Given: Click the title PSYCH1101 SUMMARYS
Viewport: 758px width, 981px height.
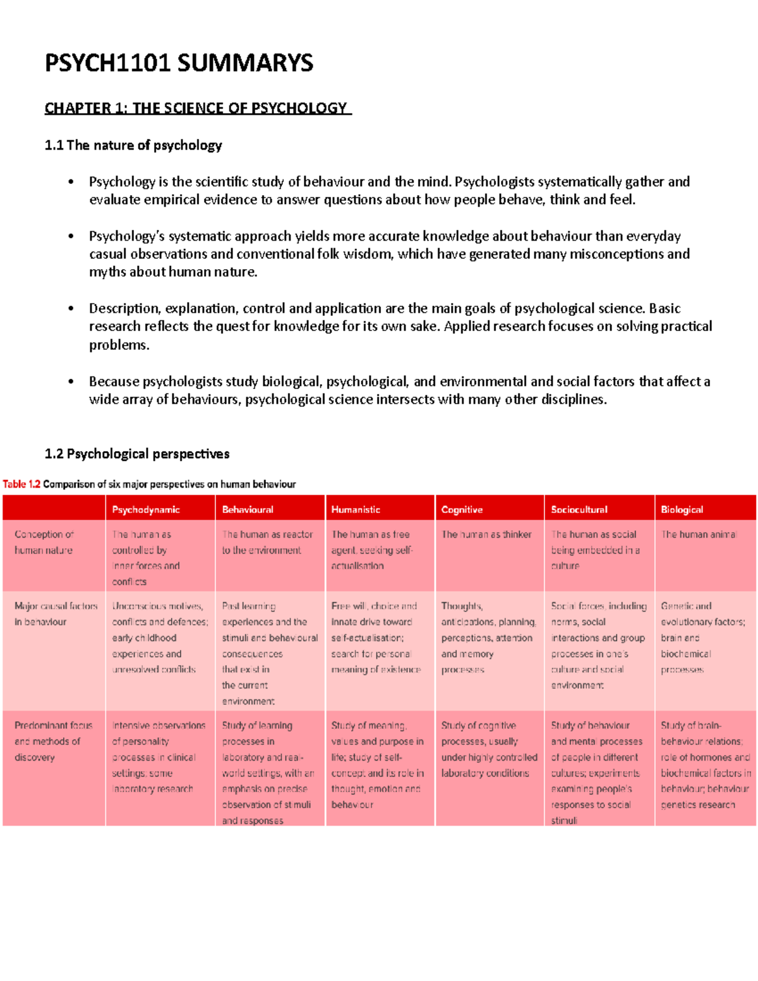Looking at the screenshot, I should click(179, 63).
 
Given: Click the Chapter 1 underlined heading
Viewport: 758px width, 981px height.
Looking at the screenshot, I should click(196, 108).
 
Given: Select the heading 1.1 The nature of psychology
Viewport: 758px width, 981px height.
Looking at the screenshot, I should click(133, 145).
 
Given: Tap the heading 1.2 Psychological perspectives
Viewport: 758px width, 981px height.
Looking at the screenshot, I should click(137, 454).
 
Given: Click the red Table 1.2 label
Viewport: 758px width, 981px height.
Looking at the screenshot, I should click(21, 484).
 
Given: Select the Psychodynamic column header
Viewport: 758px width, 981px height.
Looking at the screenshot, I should click(146, 510).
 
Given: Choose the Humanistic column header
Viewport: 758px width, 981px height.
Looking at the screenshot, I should click(356, 510).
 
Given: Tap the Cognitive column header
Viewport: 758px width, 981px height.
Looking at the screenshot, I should click(462, 510).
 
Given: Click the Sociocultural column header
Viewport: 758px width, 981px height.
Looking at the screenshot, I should click(579, 510).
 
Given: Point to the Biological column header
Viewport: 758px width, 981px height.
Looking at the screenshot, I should click(682, 510).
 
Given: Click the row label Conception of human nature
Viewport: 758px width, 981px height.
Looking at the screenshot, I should click(44, 542).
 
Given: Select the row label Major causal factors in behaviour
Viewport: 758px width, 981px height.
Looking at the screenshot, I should click(56, 614).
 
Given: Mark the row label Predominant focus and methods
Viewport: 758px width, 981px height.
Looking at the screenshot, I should click(53, 741).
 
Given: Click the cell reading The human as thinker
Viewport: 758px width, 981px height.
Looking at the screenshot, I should click(486, 534).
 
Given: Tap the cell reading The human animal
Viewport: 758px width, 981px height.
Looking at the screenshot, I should click(699, 534).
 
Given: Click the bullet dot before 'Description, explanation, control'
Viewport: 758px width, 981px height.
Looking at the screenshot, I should click(71, 309).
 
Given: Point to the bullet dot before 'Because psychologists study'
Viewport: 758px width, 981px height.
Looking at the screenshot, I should click(71, 382).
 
